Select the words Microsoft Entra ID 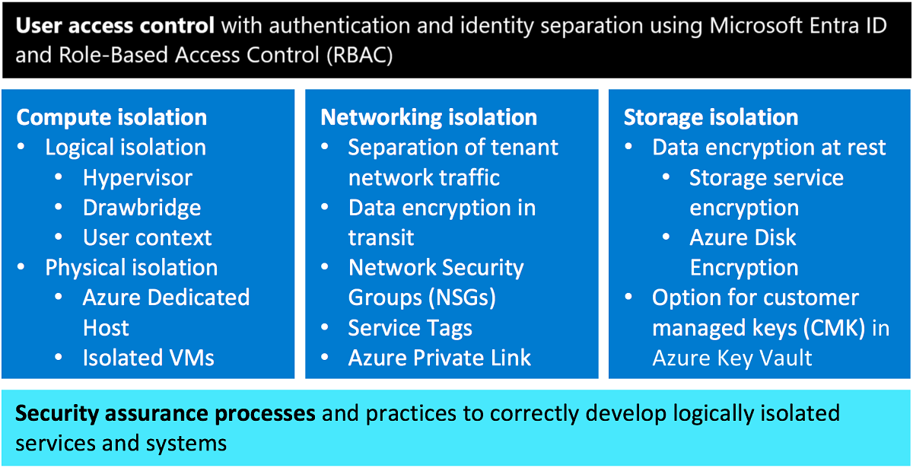798,26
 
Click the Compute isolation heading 112,117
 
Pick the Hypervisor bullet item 138,178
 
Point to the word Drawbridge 142,208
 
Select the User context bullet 148,237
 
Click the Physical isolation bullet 132,268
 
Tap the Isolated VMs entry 148,358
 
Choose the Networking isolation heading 429,117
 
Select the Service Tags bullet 410,328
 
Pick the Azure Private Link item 440,358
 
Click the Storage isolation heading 711,117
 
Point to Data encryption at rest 769,148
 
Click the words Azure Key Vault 733,358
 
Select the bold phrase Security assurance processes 165,413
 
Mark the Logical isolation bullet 126,148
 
